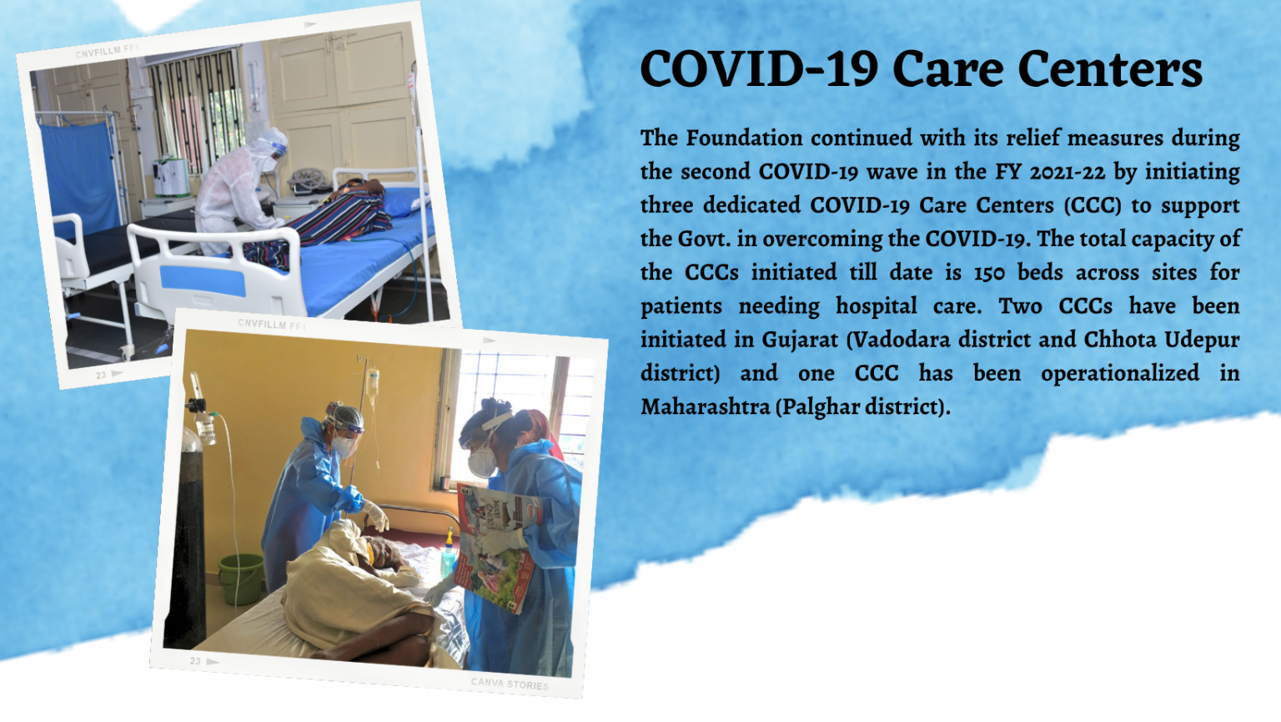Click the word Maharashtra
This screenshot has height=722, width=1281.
(705, 407)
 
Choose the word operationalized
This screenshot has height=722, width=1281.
(1119, 373)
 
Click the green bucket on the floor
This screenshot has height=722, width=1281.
(241, 577)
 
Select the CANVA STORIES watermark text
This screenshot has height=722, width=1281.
(510, 684)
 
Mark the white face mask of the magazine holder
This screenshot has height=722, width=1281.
(481, 462)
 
